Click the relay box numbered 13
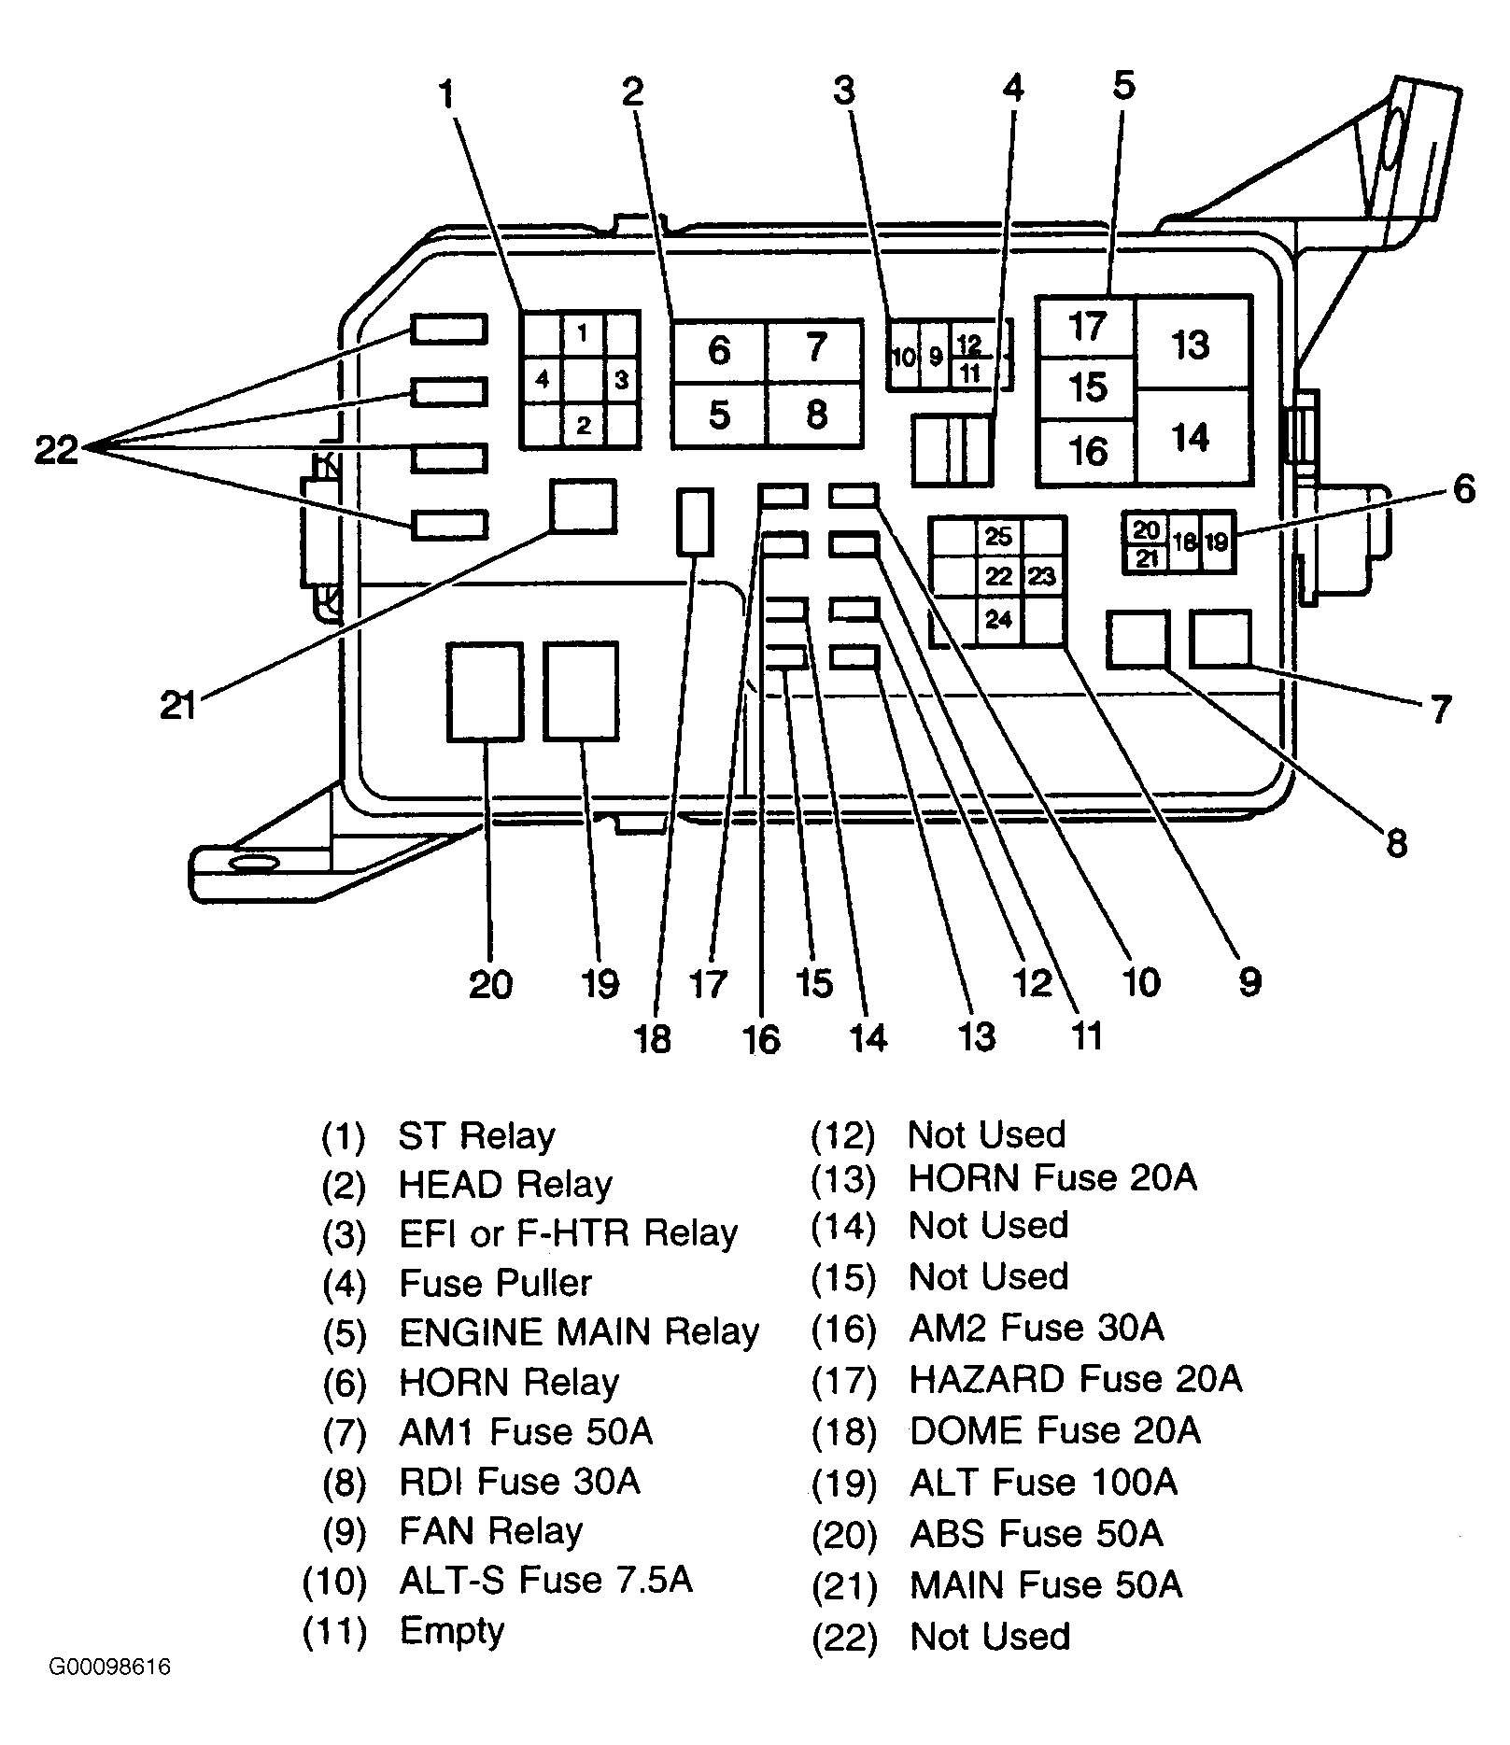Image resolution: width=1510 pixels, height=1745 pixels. (1192, 344)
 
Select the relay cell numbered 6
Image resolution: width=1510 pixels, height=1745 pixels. (719, 350)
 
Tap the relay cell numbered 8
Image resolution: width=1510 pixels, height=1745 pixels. (815, 414)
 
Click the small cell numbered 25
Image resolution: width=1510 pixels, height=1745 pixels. (998, 536)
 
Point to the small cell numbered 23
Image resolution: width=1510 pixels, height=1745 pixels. (1043, 576)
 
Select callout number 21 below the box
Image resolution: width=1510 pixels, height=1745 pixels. (177, 705)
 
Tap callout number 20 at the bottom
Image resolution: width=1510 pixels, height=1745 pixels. (490, 984)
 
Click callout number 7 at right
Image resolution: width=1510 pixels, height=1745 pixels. (1441, 710)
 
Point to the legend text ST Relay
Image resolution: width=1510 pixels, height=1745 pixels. (476, 1135)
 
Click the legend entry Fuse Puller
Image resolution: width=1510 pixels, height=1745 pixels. (495, 1283)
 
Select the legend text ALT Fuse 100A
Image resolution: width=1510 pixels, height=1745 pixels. (1043, 1483)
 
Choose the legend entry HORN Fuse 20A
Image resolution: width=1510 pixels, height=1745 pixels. (1052, 1178)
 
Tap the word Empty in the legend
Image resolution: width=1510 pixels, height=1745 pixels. (452, 1631)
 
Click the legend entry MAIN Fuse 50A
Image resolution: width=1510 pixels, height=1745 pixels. (1046, 1585)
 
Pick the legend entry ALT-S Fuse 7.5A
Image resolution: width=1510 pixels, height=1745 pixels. (545, 1580)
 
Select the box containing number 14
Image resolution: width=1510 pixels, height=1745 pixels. (1192, 437)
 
